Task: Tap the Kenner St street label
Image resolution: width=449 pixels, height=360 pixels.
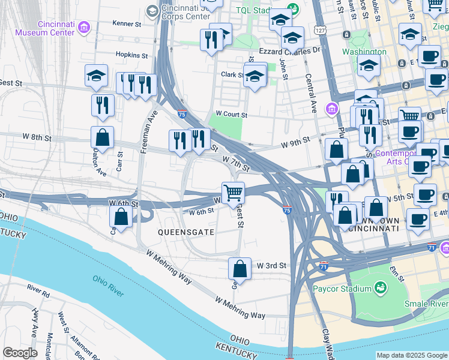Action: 127,24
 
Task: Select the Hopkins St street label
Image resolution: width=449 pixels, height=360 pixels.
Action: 132,55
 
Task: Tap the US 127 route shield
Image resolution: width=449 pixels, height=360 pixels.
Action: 319,30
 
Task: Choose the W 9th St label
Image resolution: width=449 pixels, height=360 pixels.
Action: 295,142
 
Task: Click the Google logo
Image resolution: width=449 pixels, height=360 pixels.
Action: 20,353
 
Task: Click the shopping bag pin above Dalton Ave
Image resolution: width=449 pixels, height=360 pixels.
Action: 103,137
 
